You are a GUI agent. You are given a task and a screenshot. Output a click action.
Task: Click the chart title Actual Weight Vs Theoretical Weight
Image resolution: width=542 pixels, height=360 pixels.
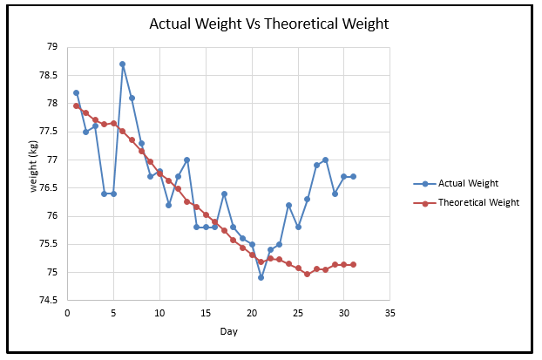pos(271,24)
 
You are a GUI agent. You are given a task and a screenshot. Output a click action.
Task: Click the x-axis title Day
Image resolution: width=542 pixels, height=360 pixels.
pos(227,332)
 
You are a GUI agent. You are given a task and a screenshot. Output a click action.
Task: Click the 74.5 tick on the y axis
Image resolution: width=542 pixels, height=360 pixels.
pos(48,301)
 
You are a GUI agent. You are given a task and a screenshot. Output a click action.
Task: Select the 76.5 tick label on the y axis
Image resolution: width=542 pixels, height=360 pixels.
pos(48,188)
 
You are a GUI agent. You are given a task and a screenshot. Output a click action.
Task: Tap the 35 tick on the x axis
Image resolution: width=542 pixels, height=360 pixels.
pos(390,312)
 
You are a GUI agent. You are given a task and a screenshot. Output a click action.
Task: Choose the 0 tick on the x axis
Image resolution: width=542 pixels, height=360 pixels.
pos(67,312)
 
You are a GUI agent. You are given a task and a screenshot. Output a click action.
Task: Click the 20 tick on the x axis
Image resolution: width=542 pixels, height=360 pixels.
pos(252,312)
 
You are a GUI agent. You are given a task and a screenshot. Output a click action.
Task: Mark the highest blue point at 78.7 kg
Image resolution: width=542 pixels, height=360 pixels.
pos(122,64)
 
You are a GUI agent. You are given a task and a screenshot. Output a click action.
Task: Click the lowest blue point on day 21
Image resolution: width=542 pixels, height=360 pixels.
pos(261,277)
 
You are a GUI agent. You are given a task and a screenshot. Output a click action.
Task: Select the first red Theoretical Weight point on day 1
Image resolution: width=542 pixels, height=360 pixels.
pos(76,105)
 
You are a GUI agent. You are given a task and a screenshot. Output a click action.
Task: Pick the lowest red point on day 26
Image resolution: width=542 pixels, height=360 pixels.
pos(307,274)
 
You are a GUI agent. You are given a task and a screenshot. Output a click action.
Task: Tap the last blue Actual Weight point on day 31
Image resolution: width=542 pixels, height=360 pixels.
pos(353,176)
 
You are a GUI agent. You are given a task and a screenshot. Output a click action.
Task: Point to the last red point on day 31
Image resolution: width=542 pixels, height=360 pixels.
pos(353,264)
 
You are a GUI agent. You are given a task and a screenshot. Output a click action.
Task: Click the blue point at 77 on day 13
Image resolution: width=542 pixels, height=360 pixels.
pos(186,160)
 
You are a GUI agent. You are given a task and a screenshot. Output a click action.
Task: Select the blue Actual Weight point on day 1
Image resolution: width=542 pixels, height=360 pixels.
pos(76,92)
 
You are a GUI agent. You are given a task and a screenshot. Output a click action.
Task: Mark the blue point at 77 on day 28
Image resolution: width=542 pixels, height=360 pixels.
pos(325,160)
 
